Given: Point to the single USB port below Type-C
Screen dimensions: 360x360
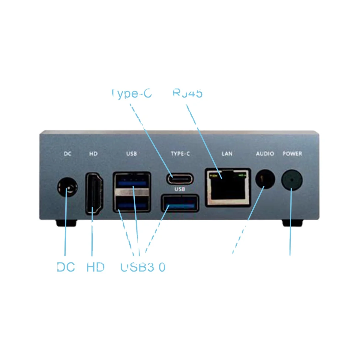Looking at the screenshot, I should (180, 203).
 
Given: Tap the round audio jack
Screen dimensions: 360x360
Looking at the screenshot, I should (265, 179).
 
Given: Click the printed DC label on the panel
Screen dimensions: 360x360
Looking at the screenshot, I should (67, 154).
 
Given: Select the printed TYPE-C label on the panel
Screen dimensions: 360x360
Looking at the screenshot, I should (180, 154).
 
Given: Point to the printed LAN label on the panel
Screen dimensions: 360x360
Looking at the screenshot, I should (227, 154).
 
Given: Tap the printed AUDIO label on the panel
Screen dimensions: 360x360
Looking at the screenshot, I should (265, 154).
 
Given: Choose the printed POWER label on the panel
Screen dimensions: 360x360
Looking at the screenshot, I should (292, 154).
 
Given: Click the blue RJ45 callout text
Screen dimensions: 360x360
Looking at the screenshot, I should (187, 93).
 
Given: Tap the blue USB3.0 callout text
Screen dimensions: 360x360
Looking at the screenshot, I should (143, 267).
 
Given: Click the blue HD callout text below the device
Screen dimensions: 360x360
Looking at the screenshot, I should (95, 267).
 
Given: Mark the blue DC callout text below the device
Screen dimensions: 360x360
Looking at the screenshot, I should (66, 267).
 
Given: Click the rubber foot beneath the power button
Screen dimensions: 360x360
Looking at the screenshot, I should (292, 223).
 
